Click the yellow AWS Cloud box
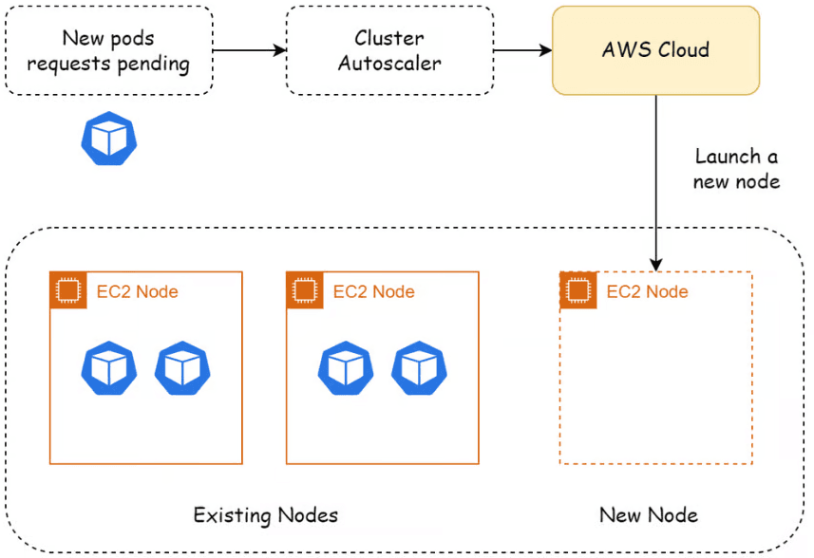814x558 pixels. [655, 50]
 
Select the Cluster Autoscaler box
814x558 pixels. [389, 50]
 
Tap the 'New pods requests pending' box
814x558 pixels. [109, 50]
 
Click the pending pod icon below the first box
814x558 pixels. [109, 139]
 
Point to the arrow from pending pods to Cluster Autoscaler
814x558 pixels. [250, 50]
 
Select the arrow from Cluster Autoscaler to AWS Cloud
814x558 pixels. [522, 50]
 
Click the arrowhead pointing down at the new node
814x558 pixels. [656, 265]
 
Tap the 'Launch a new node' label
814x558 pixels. [736, 169]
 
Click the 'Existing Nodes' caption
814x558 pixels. [265, 515]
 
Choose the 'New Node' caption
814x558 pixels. [649, 515]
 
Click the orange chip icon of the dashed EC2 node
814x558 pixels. [578, 289]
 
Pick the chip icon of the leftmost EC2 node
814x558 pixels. [68, 289]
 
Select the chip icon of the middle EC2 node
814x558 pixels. [305, 289]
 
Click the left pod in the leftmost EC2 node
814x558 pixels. [109, 368]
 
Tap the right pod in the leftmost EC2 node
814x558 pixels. [182, 368]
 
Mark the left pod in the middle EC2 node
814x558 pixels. [346, 368]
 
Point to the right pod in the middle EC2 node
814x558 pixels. [419, 368]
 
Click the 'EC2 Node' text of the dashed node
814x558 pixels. [648, 292]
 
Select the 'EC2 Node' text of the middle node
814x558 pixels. [374, 292]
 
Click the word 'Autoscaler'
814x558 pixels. [389, 64]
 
